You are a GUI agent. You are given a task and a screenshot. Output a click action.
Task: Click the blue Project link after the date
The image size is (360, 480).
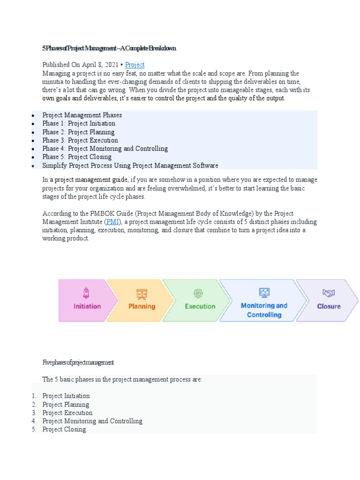click(135, 65)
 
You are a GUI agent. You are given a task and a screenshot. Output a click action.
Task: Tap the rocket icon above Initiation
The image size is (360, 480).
click(86, 293)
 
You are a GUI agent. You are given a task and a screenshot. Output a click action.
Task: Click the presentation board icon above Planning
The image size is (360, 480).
click(142, 294)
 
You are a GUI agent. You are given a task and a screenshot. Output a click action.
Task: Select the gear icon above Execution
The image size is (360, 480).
click(198, 293)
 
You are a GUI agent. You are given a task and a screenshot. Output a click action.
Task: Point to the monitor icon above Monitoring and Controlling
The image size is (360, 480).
click(264, 292)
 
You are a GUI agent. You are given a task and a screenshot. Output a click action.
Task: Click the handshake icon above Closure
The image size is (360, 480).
click(329, 293)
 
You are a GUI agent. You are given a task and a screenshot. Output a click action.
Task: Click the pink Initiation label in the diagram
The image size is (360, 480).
click(87, 306)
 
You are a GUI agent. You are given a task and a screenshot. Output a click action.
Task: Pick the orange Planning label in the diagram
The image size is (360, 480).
click(142, 306)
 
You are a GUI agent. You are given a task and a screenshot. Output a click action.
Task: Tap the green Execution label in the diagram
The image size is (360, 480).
click(200, 306)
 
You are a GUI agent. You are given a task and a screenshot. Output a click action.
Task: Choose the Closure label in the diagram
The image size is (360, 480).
click(329, 306)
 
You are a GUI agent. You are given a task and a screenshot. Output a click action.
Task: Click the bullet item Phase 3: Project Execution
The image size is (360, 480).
click(80, 140)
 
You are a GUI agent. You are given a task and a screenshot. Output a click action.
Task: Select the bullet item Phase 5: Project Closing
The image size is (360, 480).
click(77, 157)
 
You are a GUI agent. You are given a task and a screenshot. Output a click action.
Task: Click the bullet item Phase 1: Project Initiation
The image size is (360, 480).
click(78, 123)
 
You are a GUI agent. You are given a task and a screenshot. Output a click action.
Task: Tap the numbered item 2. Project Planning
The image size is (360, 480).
click(66, 405)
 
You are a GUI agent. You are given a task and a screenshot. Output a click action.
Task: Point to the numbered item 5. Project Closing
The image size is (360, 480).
click(64, 429)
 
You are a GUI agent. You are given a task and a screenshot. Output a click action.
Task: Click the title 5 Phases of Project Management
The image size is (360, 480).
click(109, 48)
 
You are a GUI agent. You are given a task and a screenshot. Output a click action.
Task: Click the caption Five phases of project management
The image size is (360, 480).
click(78, 362)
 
